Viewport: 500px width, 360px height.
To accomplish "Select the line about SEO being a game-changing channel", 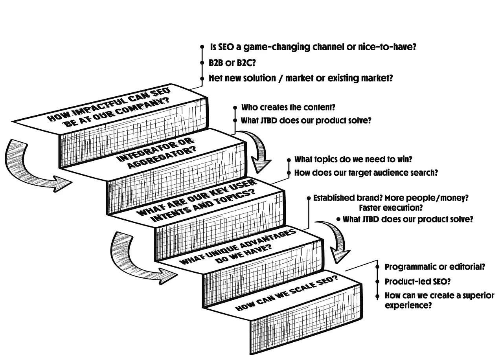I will coord(313,47).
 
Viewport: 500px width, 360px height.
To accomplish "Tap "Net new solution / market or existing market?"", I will coord(301,78).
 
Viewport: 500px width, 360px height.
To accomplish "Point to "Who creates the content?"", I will coord(288,107).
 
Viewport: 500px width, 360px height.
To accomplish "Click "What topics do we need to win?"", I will coord(353,160).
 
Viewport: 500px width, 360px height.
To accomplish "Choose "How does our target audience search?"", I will coord(366,172).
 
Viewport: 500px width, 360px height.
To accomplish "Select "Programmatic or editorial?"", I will coord(435,267).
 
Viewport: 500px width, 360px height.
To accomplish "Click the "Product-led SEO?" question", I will coord(417,281).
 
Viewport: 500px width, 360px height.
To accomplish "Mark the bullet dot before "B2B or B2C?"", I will coord(202,62).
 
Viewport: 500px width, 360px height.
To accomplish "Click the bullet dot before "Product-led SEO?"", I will coord(378,281).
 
